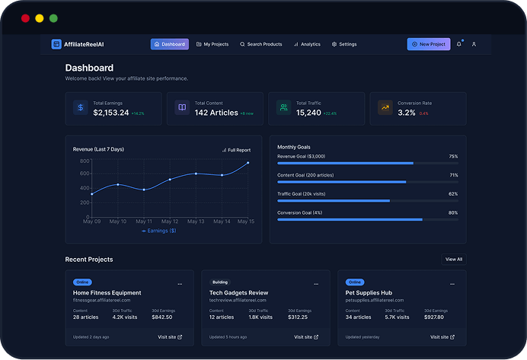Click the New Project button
pyautogui.click(x=428, y=44)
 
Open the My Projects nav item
pyautogui.click(x=212, y=44)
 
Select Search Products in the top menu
pyautogui.click(x=260, y=44)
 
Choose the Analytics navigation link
pyautogui.click(x=307, y=44)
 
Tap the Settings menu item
pyautogui.click(x=344, y=44)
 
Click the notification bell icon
pyautogui.click(x=458, y=44)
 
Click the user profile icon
pyautogui.click(x=474, y=44)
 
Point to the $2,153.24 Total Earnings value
pyautogui.click(x=110, y=113)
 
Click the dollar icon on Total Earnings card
pyautogui.click(x=80, y=108)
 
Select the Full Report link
pyautogui.click(x=236, y=150)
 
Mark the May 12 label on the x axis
pyautogui.click(x=170, y=221)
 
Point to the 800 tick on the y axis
pyautogui.click(x=84, y=161)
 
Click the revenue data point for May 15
pyautogui.click(x=248, y=163)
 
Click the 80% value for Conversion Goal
pyautogui.click(x=453, y=212)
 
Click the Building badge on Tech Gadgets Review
pyautogui.click(x=219, y=282)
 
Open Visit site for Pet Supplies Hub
pyautogui.click(x=442, y=336)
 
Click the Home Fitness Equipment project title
pyautogui.click(x=107, y=292)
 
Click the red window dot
pyautogui.click(x=25, y=18)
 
